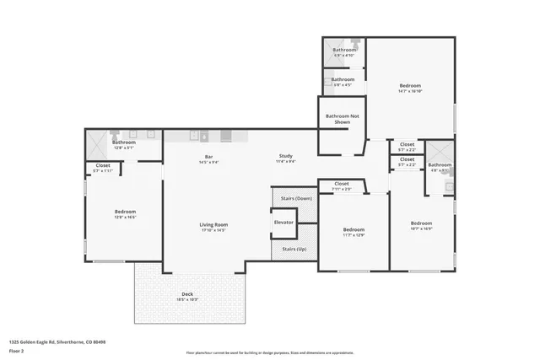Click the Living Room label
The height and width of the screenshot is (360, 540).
tap(213, 224)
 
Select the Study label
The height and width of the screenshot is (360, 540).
tap(286, 156)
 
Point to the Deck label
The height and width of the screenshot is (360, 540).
tap(187, 295)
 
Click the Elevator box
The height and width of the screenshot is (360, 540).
tap(283, 223)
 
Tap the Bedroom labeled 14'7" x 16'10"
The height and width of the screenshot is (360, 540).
tap(410, 87)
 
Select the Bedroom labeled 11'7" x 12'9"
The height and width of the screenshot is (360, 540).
tap(354, 231)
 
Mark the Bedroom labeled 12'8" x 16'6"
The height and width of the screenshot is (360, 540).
tap(125, 213)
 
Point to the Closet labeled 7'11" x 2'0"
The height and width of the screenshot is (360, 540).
tap(342, 185)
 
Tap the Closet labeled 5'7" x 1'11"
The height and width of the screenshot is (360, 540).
tap(103, 167)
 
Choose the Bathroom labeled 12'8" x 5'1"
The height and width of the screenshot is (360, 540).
tap(124, 144)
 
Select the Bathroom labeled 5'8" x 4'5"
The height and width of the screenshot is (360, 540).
tap(343, 81)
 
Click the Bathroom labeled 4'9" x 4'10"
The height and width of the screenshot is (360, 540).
tap(344, 51)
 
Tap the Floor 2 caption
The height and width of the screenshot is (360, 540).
tap(16, 352)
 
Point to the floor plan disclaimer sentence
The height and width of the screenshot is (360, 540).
tap(269, 352)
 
